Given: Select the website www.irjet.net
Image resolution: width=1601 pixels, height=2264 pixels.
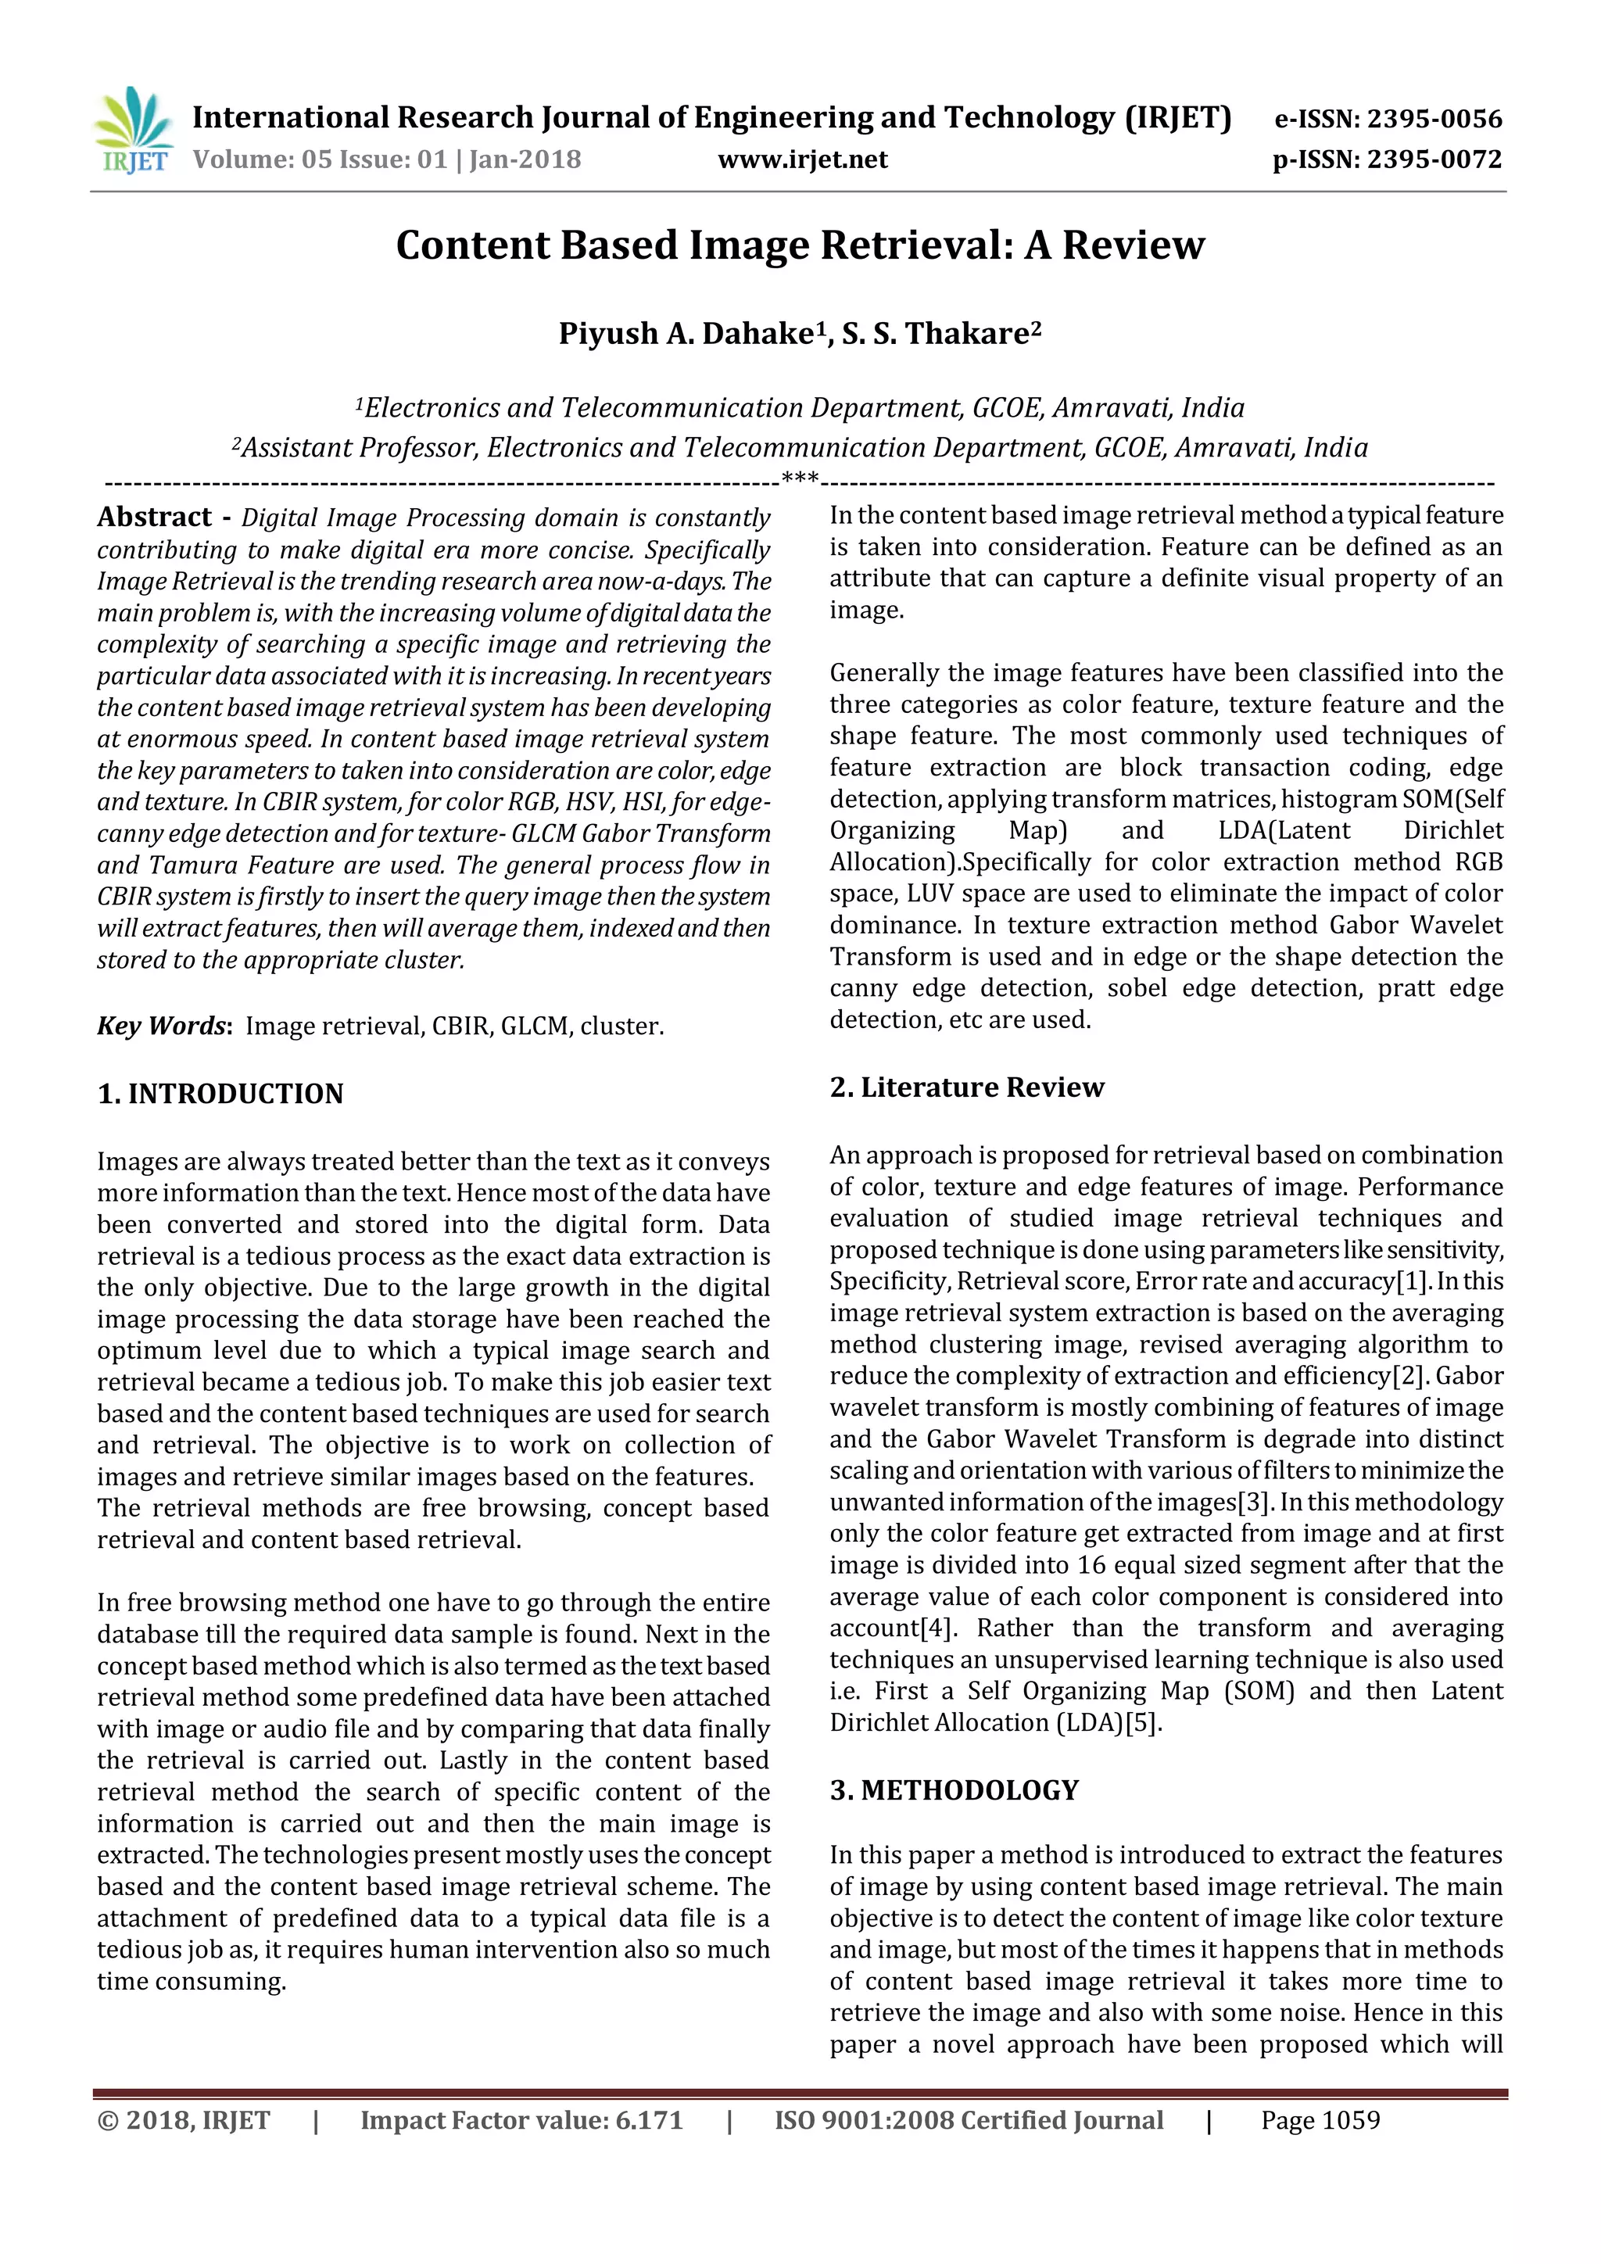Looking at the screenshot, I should click(803, 159).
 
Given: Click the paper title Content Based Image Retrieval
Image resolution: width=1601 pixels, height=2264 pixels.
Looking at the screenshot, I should click(800, 245).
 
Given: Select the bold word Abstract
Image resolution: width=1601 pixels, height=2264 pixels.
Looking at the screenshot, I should click(154, 518).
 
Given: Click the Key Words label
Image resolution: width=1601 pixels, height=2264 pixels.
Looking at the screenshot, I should click(163, 1026).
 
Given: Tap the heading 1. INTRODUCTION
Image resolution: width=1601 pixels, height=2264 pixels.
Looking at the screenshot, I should click(220, 1094).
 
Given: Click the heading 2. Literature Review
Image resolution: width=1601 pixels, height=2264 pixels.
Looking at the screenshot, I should click(966, 1087).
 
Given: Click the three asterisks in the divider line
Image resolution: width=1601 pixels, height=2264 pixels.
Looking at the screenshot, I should click(800, 480).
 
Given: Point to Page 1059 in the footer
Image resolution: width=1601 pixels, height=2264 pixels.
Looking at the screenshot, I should click(1320, 2121).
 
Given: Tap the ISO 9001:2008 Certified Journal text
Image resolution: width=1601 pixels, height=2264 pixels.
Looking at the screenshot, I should click(968, 2121).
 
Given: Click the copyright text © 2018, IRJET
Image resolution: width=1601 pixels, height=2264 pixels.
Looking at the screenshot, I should click(184, 2121).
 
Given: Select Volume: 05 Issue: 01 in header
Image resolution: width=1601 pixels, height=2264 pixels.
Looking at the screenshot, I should click(320, 159).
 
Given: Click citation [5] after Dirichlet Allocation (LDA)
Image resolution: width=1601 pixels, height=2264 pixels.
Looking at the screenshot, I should click(1144, 1724).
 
